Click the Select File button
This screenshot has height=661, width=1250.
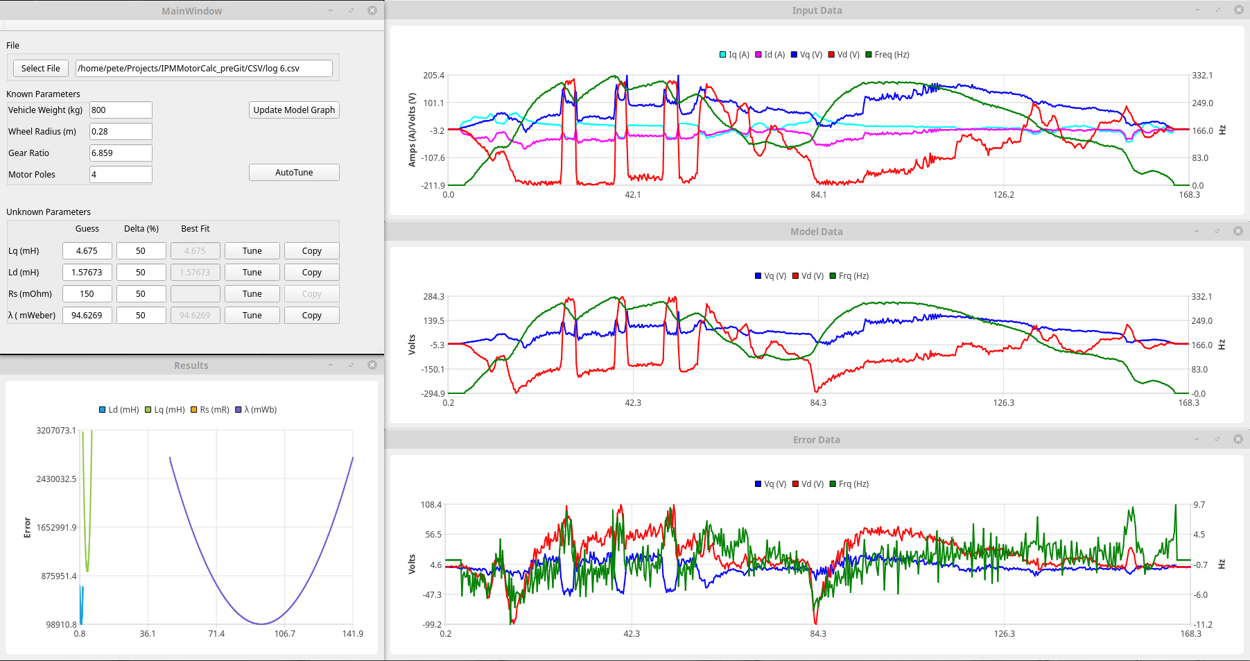[x=40, y=68]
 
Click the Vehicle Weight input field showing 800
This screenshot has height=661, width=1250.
[x=121, y=110]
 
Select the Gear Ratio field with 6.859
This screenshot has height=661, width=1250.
[x=121, y=153]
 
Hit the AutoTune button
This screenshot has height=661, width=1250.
[x=294, y=172]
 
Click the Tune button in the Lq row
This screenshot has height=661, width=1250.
[x=252, y=250]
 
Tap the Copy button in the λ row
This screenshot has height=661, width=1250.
[x=311, y=315]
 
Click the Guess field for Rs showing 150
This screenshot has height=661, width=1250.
[x=87, y=293]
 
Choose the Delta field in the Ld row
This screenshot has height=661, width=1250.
[x=141, y=272]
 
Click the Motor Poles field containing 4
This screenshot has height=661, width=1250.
[x=121, y=174]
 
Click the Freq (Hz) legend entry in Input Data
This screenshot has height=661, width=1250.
[x=887, y=55]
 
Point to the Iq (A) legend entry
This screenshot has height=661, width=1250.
[x=735, y=55]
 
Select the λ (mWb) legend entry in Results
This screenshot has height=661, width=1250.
[x=257, y=410]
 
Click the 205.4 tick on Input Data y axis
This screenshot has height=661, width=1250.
[x=433, y=76]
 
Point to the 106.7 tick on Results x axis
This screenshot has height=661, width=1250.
[x=284, y=633]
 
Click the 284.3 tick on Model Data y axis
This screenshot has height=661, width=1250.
[x=433, y=297]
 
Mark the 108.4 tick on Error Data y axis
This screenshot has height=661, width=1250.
[x=431, y=505]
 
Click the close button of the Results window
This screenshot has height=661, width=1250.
[x=372, y=365]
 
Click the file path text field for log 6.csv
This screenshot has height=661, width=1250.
[x=204, y=68]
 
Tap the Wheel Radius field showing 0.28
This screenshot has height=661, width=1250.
[x=121, y=131]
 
